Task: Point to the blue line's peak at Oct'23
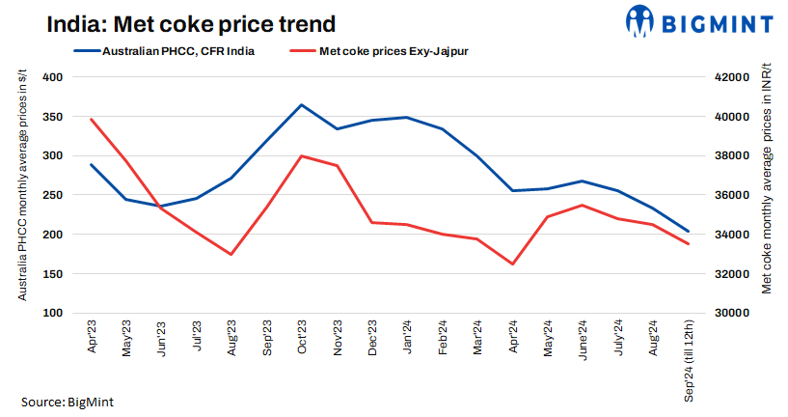click(x=302, y=104)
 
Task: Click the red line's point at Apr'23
click(x=92, y=119)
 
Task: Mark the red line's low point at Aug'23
click(x=231, y=254)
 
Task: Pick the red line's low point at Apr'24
click(x=512, y=264)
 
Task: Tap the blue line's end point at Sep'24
click(x=688, y=232)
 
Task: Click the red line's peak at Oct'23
click(x=302, y=155)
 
